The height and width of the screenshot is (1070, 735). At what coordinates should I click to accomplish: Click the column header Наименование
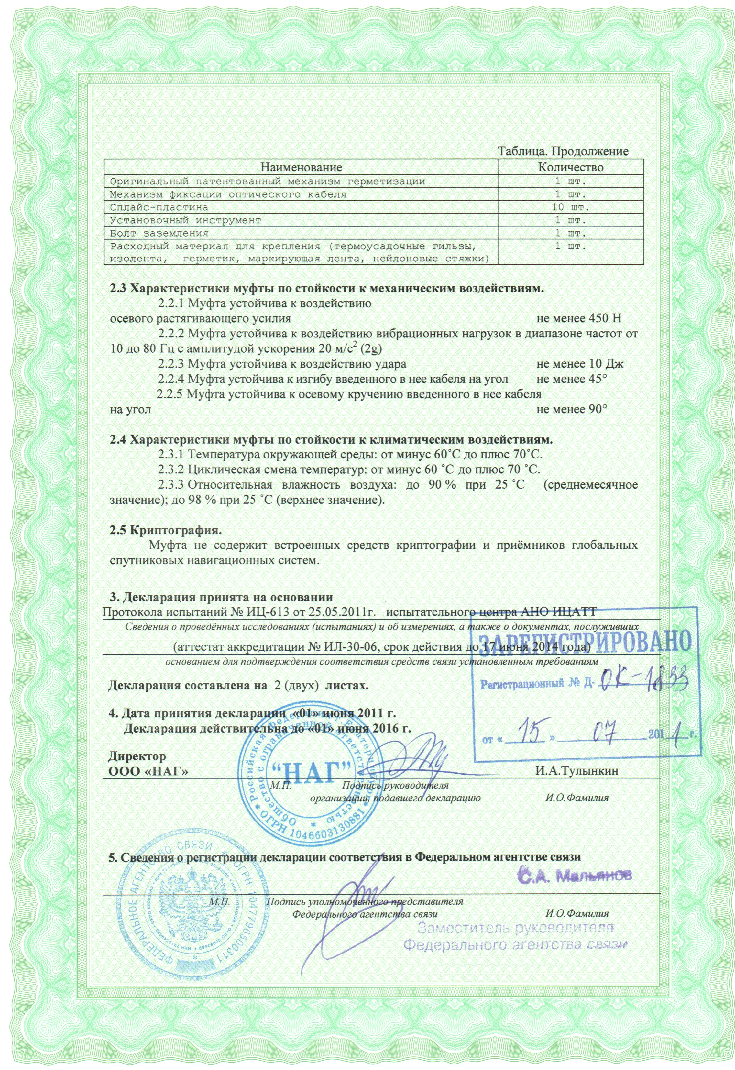302,167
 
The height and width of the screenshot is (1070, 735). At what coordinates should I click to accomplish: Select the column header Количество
571,167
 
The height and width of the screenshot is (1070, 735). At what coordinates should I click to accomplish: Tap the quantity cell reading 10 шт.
571,207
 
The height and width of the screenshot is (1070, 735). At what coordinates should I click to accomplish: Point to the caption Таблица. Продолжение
564,151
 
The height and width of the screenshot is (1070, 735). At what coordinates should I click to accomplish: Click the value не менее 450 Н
579,318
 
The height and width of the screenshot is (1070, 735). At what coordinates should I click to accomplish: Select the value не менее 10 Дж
580,364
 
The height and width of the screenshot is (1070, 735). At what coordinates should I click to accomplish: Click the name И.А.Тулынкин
576,771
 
